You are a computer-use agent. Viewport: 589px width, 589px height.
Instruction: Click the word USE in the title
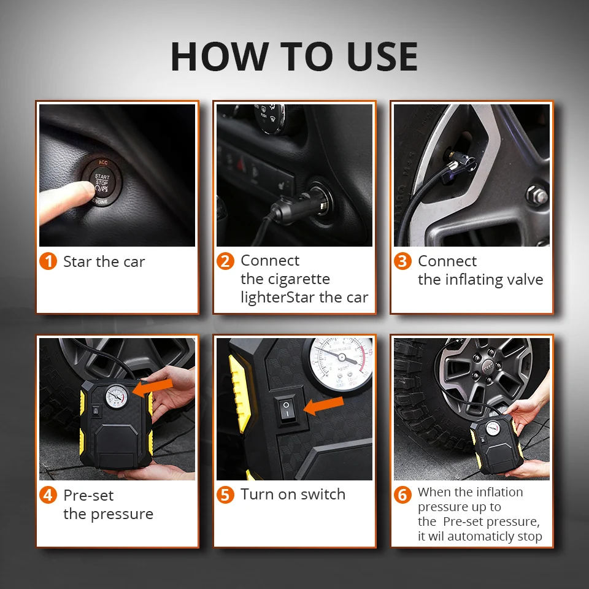coord(382,56)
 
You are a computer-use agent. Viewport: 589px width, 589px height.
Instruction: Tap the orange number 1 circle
coord(48,261)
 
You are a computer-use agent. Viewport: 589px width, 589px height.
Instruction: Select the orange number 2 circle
coord(225,261)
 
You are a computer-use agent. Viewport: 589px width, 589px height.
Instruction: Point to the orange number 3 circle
coord(402,261)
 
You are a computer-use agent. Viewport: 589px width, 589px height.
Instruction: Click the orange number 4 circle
coord(48,495)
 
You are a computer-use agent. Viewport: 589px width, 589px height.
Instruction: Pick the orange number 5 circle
coord(225,495)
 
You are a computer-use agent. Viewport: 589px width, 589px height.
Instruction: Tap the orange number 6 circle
coord(402,495)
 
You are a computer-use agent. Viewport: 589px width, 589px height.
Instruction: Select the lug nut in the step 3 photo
coord(536,195)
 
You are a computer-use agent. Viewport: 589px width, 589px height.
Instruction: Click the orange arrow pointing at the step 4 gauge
coord(153,387)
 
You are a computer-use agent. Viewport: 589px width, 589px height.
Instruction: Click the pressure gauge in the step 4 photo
coord(117,397)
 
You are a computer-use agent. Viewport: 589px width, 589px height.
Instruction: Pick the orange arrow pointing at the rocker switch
coord(323,405)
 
